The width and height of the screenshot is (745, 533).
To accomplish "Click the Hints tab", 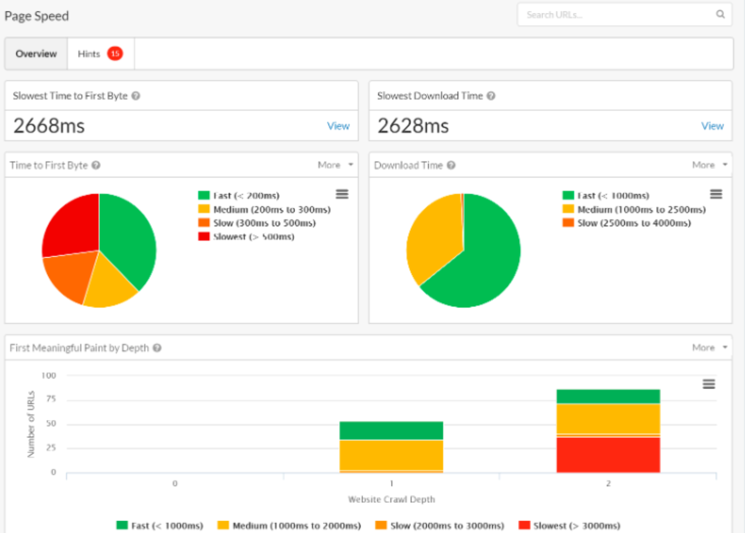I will pyautogui.click(x=89, y=54).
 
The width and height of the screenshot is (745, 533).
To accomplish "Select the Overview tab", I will pyautogui.click(x=36, y=54).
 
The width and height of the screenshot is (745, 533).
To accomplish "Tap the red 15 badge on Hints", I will pyautogui.click(x=115, y=54).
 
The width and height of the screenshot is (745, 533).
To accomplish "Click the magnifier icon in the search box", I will pyautogui.click(x=720, y=14).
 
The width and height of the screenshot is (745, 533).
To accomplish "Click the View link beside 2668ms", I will pyautogui.click(x=338, y=126).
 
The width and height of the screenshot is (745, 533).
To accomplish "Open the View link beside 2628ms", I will pyautogui.click(x=712, y=126).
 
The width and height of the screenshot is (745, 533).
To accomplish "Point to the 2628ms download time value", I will pyautogui.click(x=413, y=126).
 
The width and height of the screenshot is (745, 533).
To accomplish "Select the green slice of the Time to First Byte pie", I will pyautogui.click(x=127, y=238).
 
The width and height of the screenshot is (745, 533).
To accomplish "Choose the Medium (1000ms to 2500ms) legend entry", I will pyautogui.click(x=641, y=209).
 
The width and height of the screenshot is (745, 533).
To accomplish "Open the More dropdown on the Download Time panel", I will pyautogui.click(x=709, y=165).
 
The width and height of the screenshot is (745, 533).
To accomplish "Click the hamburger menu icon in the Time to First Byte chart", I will pyautogui.click(x=342, y=194).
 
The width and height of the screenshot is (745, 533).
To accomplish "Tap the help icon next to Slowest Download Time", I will pyautogui.click(x=491, y=96).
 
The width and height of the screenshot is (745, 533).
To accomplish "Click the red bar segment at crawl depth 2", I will pyautogui.click(x=608, y=455).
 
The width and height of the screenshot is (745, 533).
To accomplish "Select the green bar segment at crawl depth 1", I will pyautogui.click(x=391, y=430).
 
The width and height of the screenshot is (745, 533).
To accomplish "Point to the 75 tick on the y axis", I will pyautogui.click(x=51, y=399).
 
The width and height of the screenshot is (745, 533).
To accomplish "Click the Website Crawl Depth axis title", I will pyautogui.click(x=391, y=499).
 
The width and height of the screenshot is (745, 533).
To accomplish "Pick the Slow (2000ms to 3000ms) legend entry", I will pyautogui.click(x=447, y=526).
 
